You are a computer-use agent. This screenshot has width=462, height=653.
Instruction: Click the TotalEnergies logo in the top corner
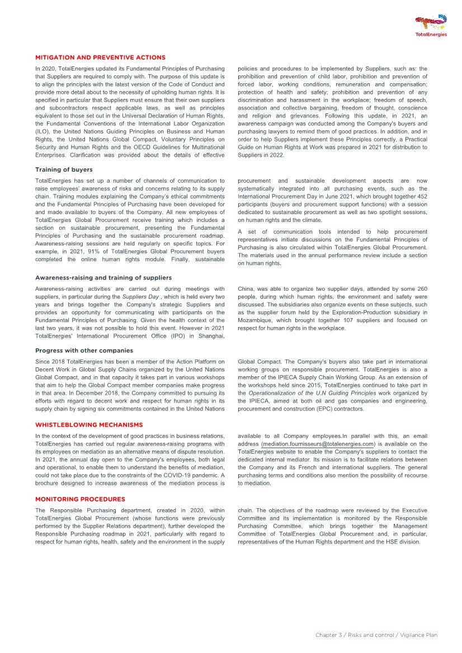431,26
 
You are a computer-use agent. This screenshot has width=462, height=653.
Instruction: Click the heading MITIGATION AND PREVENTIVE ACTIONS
100,58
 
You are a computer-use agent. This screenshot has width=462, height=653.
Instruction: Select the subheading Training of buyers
64,169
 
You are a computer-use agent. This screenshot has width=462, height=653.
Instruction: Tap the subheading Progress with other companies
84,351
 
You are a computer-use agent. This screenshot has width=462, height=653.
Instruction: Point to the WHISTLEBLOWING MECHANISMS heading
89,425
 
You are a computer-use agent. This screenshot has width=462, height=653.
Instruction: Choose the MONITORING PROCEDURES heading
80,499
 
